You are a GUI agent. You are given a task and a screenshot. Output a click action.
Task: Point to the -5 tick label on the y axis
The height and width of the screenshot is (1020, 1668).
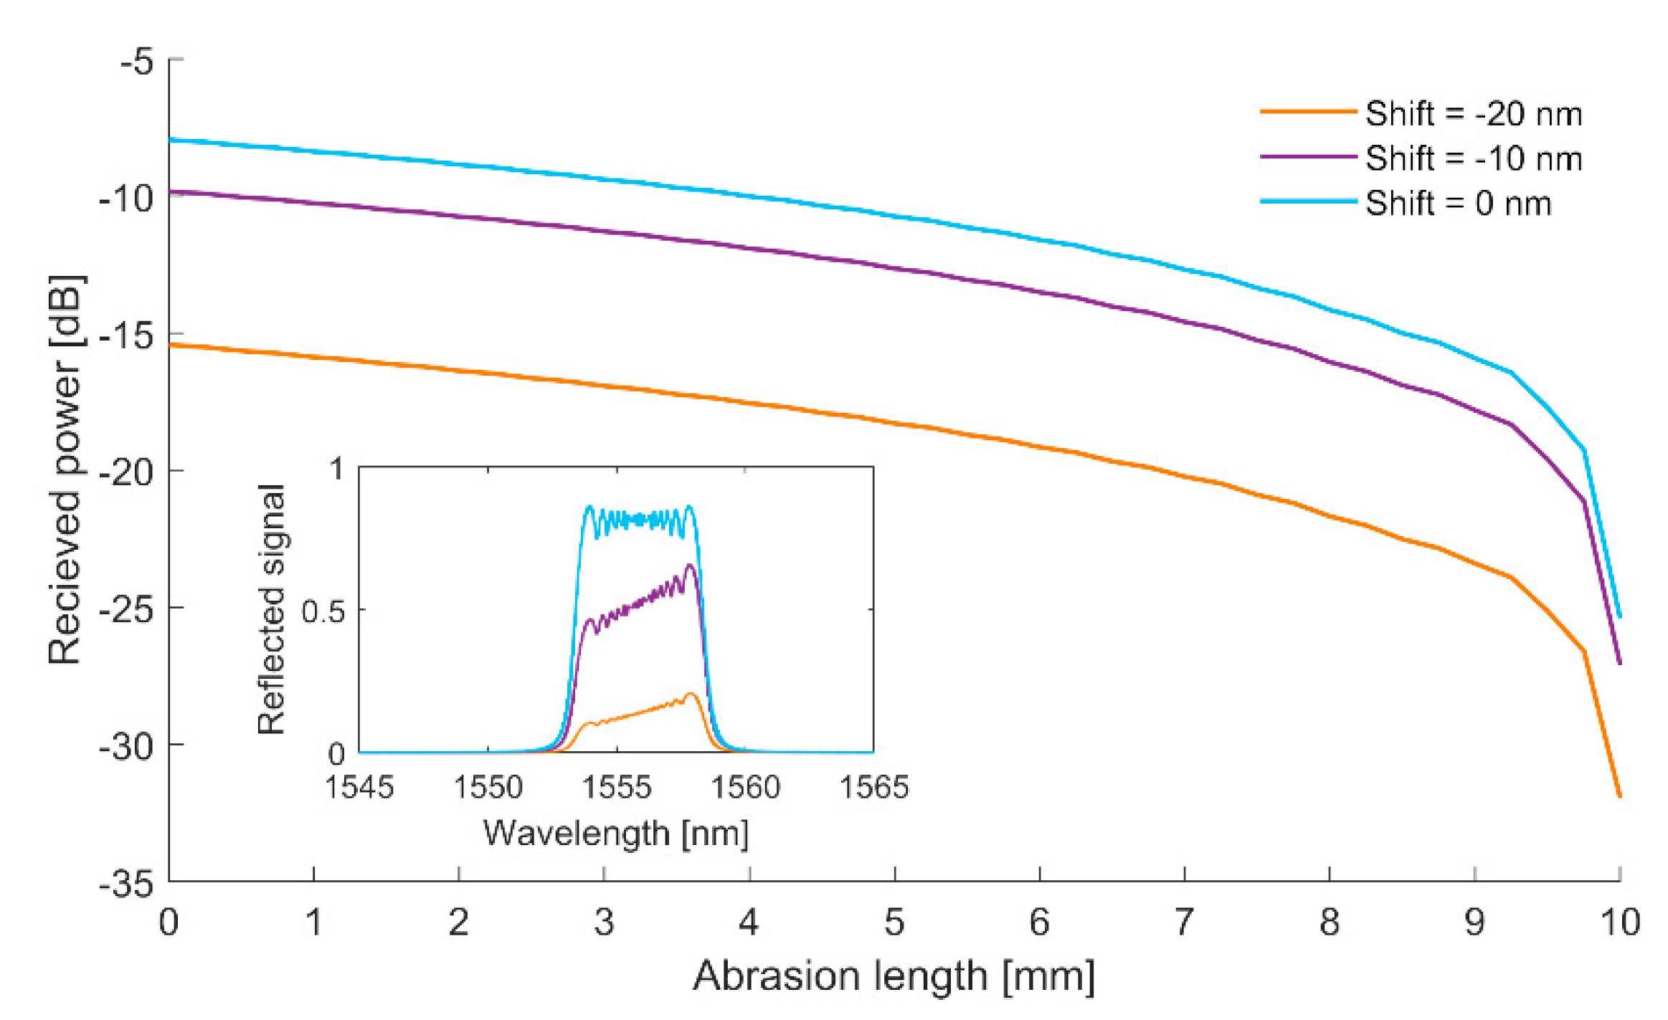coord(136,62)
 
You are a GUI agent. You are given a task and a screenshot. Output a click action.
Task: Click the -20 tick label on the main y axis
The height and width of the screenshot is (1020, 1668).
coord(127,472)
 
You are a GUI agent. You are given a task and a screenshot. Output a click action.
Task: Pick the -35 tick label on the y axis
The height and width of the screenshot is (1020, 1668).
coord(127,885)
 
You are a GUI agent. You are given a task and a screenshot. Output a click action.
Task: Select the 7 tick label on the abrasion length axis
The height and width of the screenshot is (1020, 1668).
coord(1184,923)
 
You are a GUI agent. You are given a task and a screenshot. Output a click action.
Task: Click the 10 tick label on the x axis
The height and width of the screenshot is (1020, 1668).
coord(1619,923)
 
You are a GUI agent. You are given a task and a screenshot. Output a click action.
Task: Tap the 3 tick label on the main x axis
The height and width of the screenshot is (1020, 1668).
coord(604,923)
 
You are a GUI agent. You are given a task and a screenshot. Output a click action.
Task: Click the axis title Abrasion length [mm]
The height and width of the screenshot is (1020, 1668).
coord(894,976)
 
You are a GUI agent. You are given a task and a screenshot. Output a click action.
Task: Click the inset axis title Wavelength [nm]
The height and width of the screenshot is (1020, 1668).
coord(615,834)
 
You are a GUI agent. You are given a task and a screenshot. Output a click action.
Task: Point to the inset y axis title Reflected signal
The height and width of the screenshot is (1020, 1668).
coord(271,609)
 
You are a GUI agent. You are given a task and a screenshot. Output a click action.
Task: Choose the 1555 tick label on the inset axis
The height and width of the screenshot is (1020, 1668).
coord(616,788)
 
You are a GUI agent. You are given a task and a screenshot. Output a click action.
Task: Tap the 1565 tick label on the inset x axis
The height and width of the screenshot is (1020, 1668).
coord(873,788)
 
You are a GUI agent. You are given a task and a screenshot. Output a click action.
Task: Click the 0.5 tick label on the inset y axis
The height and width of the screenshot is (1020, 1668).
coord(323,612)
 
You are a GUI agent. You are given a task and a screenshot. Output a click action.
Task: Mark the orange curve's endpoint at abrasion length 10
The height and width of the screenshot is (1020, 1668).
coord(1619,796)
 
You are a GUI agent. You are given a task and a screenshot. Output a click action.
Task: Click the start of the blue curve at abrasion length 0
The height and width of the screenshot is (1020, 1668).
coord(171,140)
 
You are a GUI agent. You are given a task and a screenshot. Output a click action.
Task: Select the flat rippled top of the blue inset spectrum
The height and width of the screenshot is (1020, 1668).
coord(638,519)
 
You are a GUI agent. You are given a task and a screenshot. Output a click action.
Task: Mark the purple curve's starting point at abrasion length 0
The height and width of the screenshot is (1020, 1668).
coord(171,191)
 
